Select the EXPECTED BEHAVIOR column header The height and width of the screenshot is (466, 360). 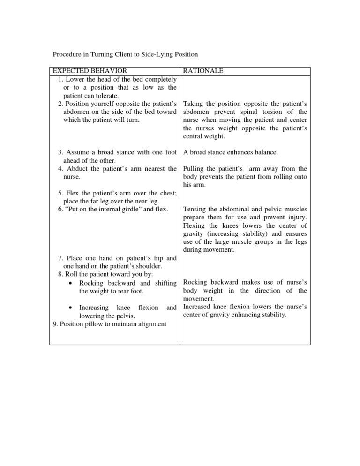click(90, 71)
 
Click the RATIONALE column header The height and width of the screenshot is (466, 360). click(203, 71)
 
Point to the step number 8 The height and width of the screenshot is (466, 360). click(60, 274)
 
